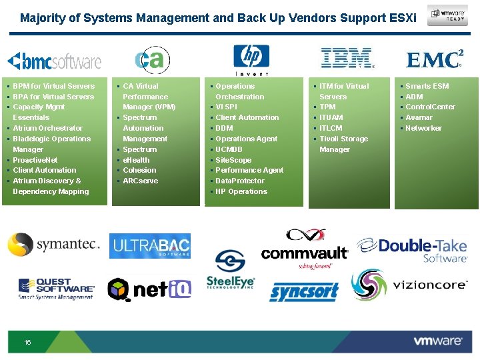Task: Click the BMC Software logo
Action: tap(54, 62)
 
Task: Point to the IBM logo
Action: tap(347, 59)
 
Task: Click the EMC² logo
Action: tap(435, 59)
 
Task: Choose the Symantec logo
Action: tap(53, 245)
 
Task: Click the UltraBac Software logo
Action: tap(150, 246)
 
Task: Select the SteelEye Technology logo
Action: tap(230, 269)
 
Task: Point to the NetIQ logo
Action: tap(150, 289)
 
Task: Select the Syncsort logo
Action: tap(304, 291)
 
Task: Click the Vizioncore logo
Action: tap(410, 285)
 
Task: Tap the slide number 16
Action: tap(27, 342)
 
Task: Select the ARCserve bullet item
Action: tap(140, 181)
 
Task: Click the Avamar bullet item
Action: tap(419, 117)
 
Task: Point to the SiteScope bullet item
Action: tap(233, 160)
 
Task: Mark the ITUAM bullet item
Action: tap(332, 117)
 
